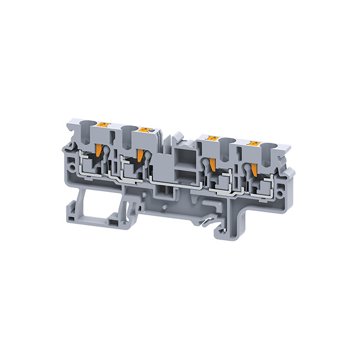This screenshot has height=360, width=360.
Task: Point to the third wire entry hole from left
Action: [228, 141]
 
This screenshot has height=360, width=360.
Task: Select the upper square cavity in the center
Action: [184, 154]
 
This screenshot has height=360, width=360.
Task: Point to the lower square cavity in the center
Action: [184, 172]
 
